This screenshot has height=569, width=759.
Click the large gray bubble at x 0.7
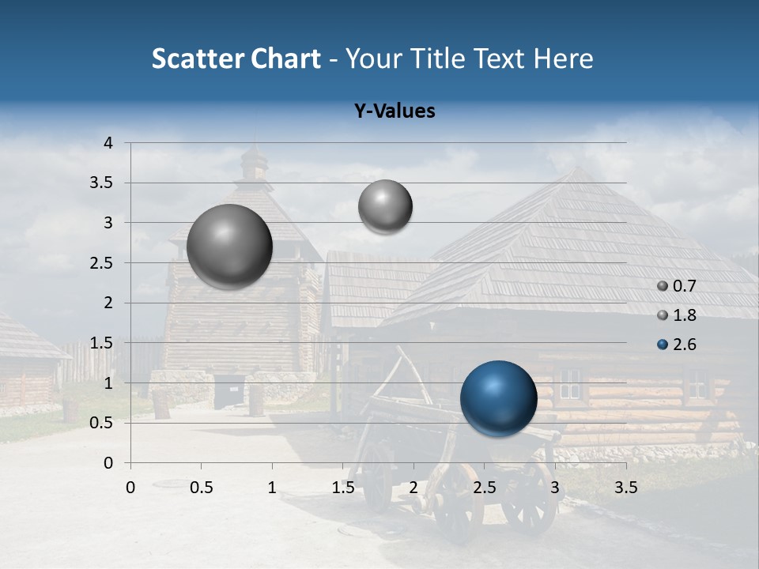click(230, 247)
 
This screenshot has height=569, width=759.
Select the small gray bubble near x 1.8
click(385, 207)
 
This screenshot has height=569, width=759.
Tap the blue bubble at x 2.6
click(498, 398)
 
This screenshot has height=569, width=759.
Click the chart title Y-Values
click(394, 111)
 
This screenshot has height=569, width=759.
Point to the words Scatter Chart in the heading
click(236, 58)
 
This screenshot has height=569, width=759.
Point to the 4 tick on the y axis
click(108, 143)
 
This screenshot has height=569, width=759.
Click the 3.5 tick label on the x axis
click(626, 487)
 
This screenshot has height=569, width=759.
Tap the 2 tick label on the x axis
click(413, 487)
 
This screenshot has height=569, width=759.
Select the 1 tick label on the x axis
click(272, 487)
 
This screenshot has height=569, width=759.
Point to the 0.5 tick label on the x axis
click(201, 487)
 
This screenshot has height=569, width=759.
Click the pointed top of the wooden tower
click(254, 150)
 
